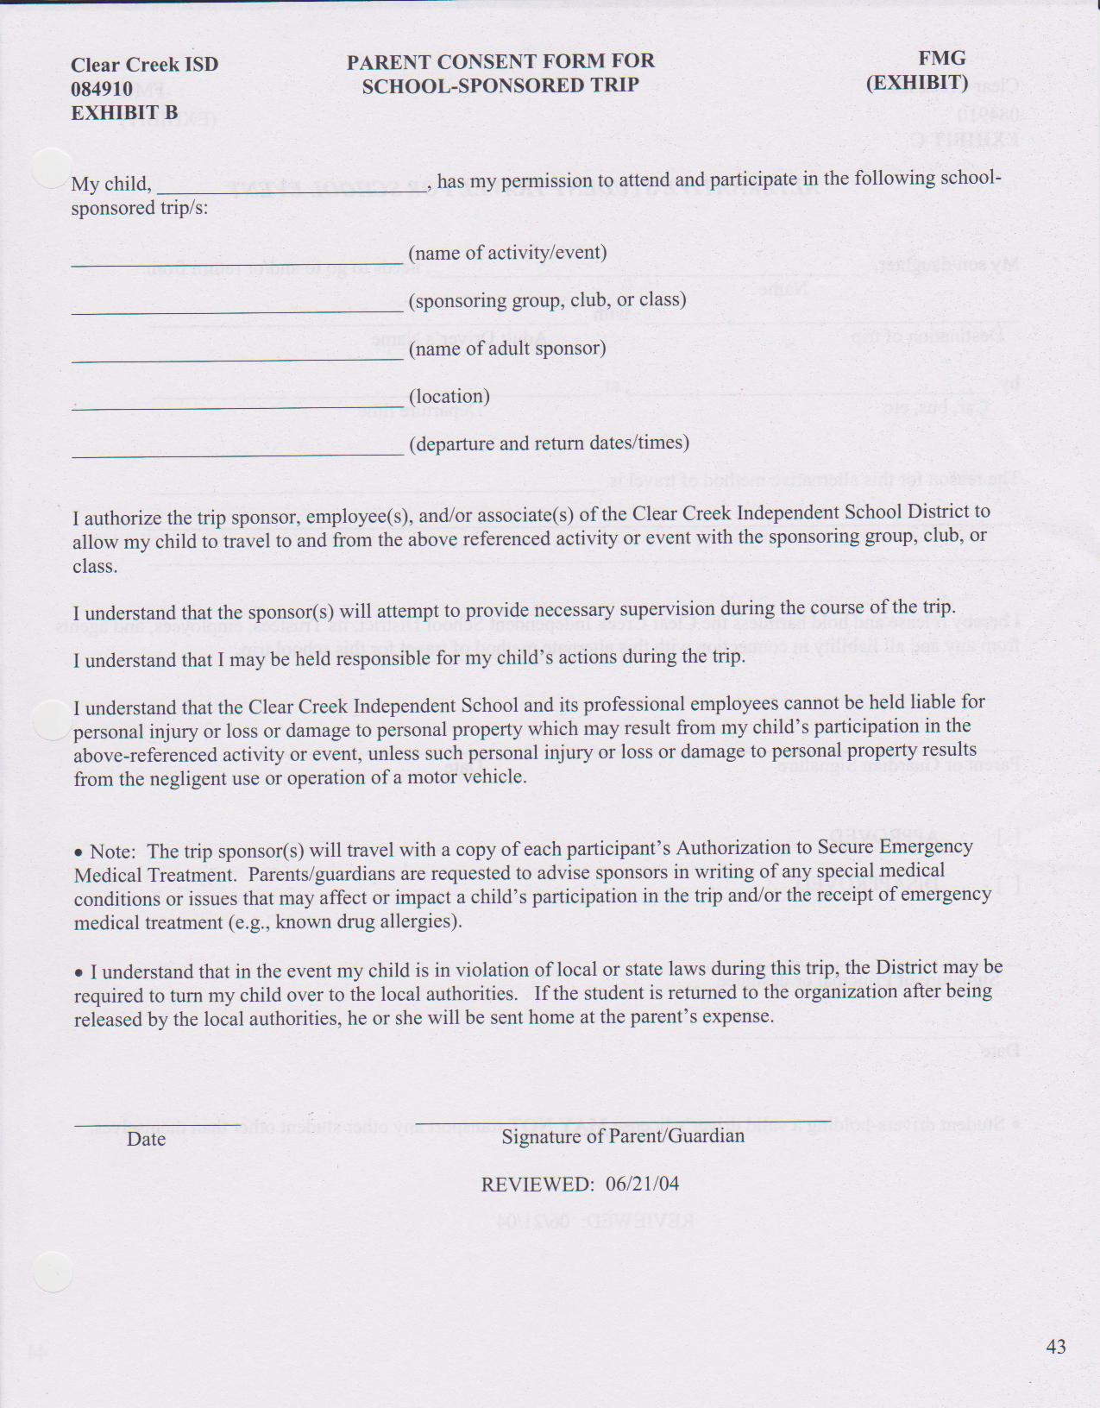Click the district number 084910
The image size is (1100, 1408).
pyautogui.click(x=102, y=89)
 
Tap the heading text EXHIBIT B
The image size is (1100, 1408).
pyautogui.click(x=124, y=113)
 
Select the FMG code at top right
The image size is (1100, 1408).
pyautogui.click(x=941, y=58)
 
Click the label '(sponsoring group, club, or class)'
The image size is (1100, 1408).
pyautogui.click(x=548, y=300)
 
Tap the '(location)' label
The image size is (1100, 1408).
pyautogui.click(x=449, y=396)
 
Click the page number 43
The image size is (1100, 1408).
pyautogui.click(x=1055, y=1346)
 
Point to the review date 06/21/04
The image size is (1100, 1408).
pyautogui.click(x=643, y=1184)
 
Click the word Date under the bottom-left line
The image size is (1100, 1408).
pyautogui.click(x=146, y=1139)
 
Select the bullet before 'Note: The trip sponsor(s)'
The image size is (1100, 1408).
pyautogui.click(x=79, y=852)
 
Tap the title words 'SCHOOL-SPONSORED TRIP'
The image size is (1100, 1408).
pyautogui.click(x=500, y=85)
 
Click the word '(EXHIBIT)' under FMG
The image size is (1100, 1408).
pyautogui.click(x=917, y=83)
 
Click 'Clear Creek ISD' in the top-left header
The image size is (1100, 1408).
pyautogui.click(x=145, y=65)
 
